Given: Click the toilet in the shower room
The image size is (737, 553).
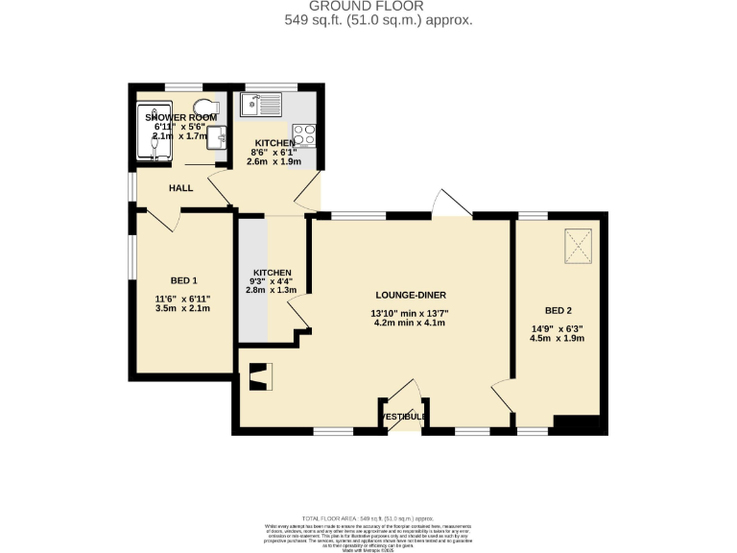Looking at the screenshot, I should [x=203, y=107].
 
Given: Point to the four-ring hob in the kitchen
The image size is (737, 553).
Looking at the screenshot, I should [x=304, y=136].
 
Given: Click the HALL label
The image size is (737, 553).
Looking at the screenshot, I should [x=181, y=188].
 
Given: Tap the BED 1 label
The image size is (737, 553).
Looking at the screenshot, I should [x=183, y=280].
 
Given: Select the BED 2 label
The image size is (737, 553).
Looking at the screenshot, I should [x=558, y=310].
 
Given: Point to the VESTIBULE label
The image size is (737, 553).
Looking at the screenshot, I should [x=404, y=417].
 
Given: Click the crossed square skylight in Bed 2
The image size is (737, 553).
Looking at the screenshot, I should [x=577, y=246].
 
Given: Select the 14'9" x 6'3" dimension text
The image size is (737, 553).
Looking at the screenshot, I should [x=558, y=329].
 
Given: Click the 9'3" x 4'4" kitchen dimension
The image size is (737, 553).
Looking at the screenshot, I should [x=272, y=280].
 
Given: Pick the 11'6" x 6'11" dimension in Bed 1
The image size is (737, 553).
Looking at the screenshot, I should [x=182, y=300].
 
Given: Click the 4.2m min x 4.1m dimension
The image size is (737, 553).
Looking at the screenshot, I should [x=409, y=324].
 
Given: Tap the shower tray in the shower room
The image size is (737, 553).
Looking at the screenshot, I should [x=153, y=130].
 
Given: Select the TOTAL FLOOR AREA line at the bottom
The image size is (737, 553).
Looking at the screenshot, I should [x=368, y=517].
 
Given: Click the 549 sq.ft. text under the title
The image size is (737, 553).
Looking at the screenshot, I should [x=378, y=20].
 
